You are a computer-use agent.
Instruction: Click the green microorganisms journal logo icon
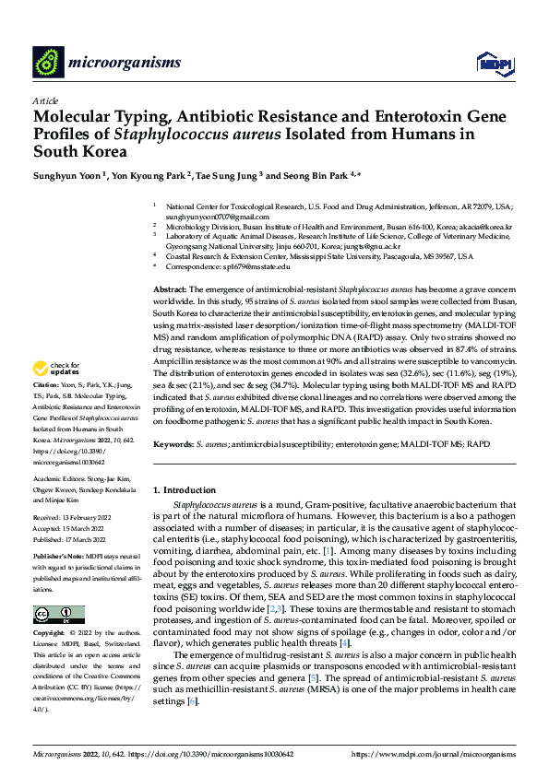pyautogui.click(x=48, y=62)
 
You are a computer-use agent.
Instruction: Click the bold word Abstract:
pyautogui.click(x=171, y=290)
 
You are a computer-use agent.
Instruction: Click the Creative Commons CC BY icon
pyautogui.click(x=59, y=615)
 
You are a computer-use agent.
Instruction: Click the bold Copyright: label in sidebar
pyautogui.click(x=50, y=635)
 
